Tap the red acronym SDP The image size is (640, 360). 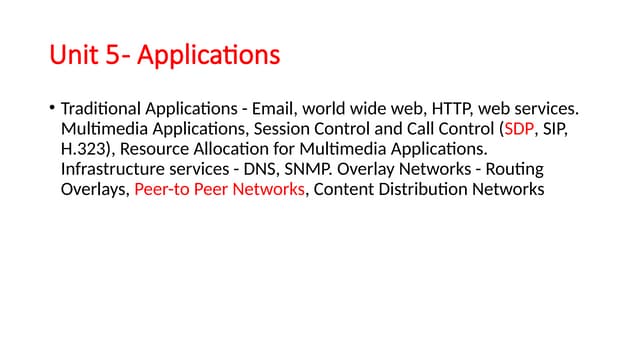520,129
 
